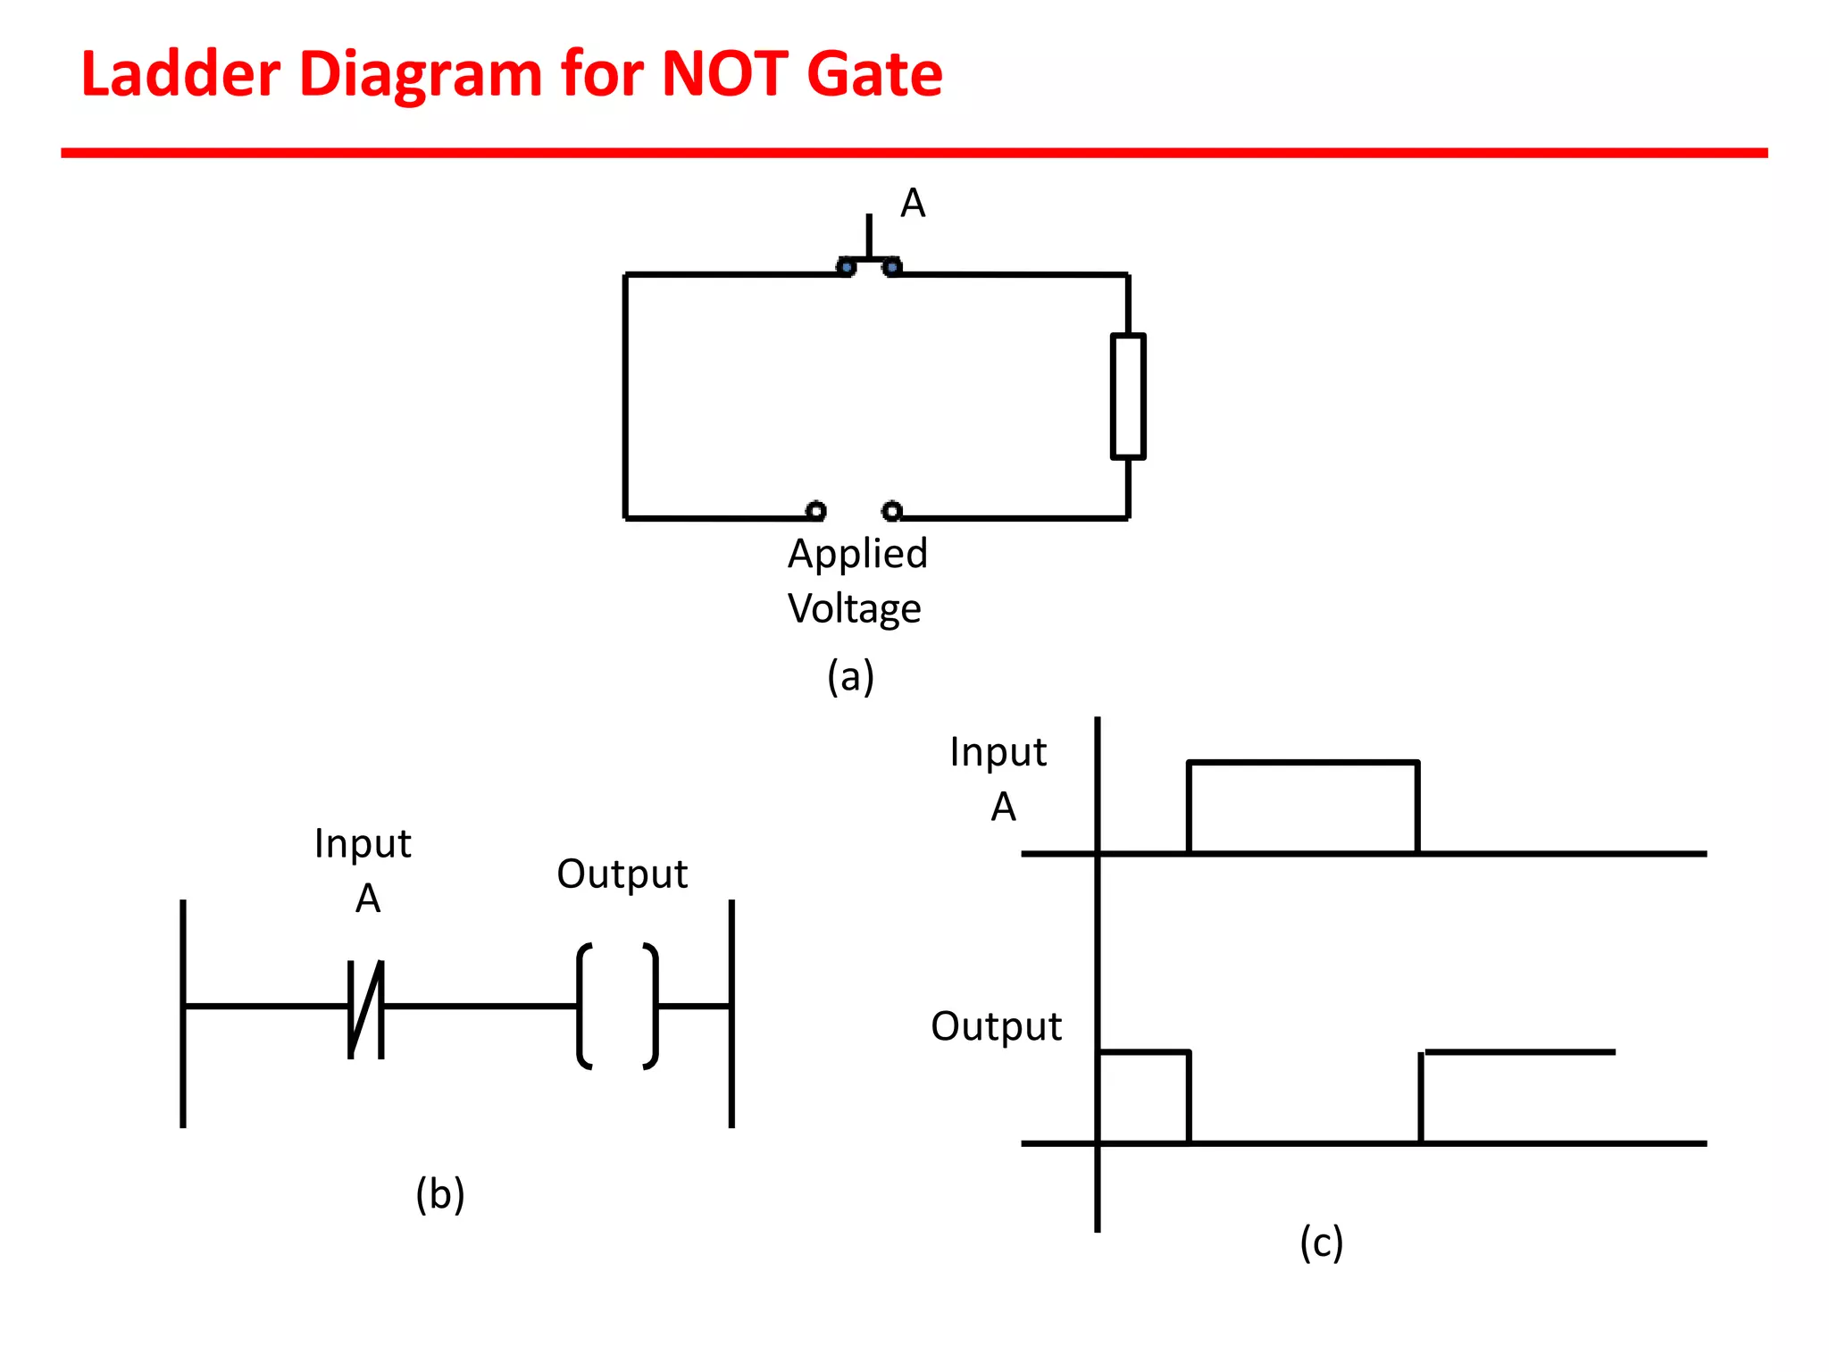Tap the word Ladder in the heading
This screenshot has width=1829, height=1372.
click(180, 73)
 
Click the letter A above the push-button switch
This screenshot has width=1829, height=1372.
click(912, 204)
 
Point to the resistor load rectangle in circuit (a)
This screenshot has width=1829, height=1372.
click(1128, 396)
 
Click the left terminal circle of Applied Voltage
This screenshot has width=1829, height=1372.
click(815, 511)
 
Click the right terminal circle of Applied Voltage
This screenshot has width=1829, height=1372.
click(891, 511)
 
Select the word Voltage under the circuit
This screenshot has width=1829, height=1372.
click(854, 609)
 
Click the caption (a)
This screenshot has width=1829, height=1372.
click(850, 676)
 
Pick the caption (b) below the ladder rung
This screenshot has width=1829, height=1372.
click(440, 1194)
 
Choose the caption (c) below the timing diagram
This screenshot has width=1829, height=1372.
click(1321, 1242)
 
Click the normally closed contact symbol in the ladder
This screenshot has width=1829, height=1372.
click(366, 1008)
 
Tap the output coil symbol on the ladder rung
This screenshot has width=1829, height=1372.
click(618, 1006)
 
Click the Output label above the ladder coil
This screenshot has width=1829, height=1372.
click(622, 874)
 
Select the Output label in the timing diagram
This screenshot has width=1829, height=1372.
click(996, 1027)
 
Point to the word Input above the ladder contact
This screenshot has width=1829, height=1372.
click(363, 844)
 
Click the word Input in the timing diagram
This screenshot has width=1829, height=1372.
click(998, 753)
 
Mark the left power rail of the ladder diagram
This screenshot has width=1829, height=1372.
click(183, 1013)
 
